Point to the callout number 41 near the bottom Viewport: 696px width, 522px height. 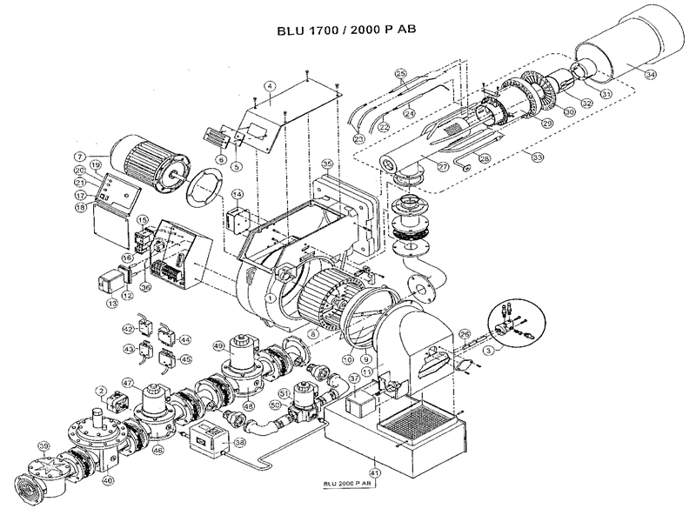coord(375,459)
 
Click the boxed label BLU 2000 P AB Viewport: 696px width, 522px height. coord(349,484)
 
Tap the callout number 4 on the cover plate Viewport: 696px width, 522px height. coord(271,85)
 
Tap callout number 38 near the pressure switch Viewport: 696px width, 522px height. coord(240,441)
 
